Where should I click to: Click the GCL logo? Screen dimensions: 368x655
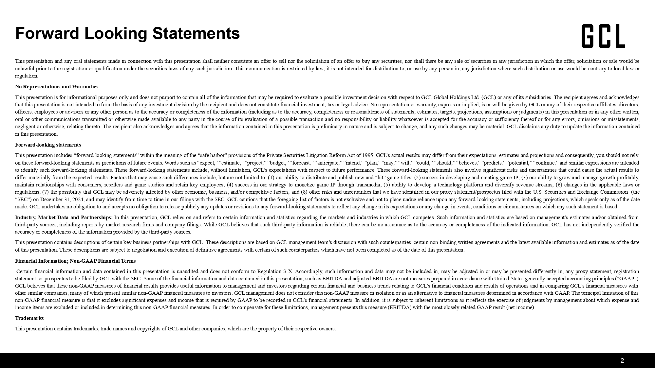tap(603, 36)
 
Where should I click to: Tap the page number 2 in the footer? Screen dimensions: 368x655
tap(622, 360)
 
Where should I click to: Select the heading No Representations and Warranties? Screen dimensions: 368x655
tap(57, 87)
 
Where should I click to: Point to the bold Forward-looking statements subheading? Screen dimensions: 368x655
tap(48, 145)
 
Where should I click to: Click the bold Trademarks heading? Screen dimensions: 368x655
tap(29, 318)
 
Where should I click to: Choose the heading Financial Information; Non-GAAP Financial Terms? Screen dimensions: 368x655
tap(75, 261)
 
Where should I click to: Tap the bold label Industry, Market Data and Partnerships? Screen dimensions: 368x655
tap(64, 218)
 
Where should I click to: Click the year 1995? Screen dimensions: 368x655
tap(367, 155)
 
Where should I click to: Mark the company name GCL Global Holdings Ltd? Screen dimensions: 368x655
tap(451, 97)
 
